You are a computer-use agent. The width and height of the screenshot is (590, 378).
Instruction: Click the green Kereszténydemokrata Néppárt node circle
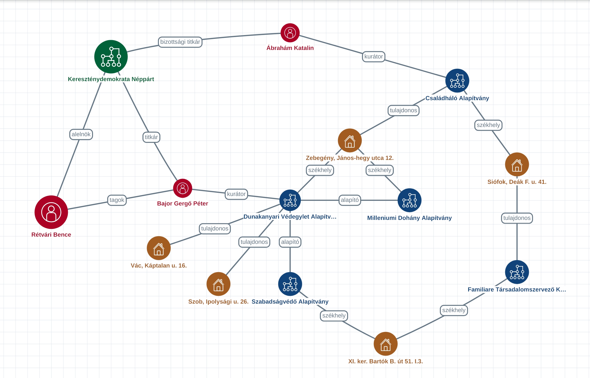(111, 57)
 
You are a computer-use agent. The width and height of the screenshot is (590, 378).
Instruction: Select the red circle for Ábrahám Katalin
(290, 33)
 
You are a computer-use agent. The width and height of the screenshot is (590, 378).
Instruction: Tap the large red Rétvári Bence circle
(51, 212)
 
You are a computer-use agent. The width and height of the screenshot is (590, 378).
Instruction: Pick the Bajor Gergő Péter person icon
(183, 188)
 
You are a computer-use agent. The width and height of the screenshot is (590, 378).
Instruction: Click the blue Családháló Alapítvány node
(457, 81)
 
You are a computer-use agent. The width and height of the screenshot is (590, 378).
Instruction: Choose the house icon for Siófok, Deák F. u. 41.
(517, 165)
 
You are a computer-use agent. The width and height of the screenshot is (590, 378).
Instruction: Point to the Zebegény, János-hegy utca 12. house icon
(350, 141)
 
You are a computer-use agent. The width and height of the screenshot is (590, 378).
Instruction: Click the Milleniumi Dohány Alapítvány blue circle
(409, 200)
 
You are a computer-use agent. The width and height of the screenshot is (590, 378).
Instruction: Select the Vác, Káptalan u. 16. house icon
(159, 248)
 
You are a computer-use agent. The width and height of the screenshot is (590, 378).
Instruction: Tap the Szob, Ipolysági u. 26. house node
(218, 284)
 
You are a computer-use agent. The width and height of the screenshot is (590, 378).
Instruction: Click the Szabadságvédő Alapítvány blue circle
(290, 284)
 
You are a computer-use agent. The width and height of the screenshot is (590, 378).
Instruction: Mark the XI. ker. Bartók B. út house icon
(385, 344)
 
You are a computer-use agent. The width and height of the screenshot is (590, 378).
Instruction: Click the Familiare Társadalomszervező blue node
(517, 272)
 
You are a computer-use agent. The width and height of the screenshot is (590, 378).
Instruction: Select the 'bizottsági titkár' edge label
(180, 42)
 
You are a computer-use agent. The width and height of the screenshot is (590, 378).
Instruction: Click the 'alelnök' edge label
(81, 134)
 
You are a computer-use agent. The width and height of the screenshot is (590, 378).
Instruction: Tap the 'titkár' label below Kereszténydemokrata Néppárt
(151, 137)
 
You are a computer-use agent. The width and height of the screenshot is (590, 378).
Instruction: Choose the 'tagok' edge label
(117, 200)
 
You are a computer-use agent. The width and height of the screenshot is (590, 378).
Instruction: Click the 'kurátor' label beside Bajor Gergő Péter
(236, 194)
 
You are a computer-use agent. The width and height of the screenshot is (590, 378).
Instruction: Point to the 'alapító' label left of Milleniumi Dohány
(350, 200)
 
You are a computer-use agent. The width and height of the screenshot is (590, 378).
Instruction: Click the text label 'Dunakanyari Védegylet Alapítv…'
(290, 217)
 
